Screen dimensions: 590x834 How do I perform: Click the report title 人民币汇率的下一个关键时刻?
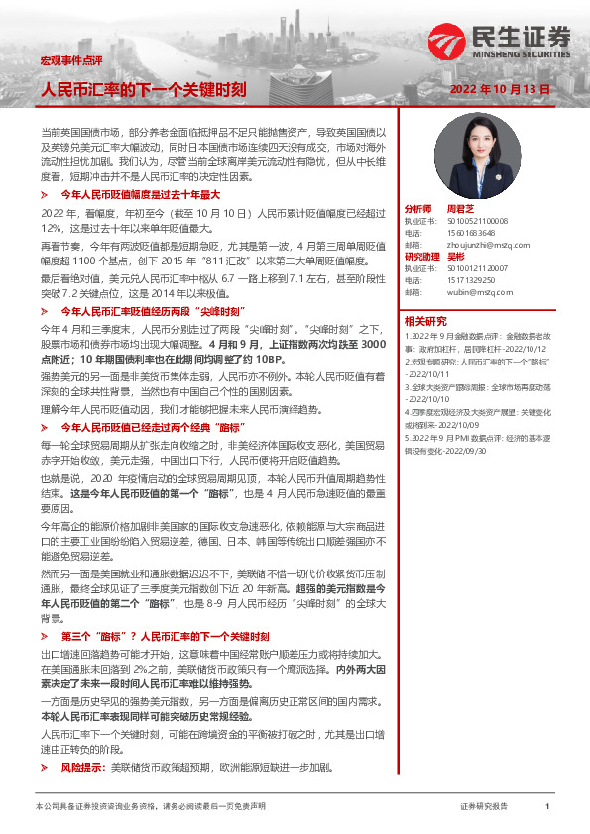[x=142, y=89]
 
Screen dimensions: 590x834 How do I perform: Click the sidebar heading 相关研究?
[x=424, y=321]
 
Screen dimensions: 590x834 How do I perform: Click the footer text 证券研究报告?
[x=484, y=808]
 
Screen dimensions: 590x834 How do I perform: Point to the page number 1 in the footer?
[x=547, y=808]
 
